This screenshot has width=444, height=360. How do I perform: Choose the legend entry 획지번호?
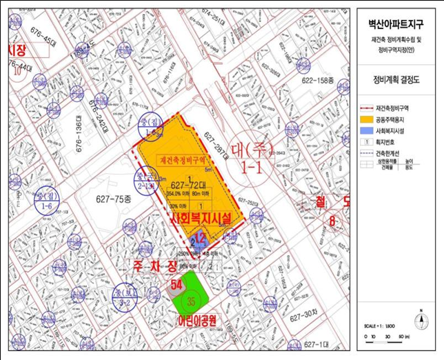coord(391,141)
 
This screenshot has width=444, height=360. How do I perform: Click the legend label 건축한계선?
coord(394,152)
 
